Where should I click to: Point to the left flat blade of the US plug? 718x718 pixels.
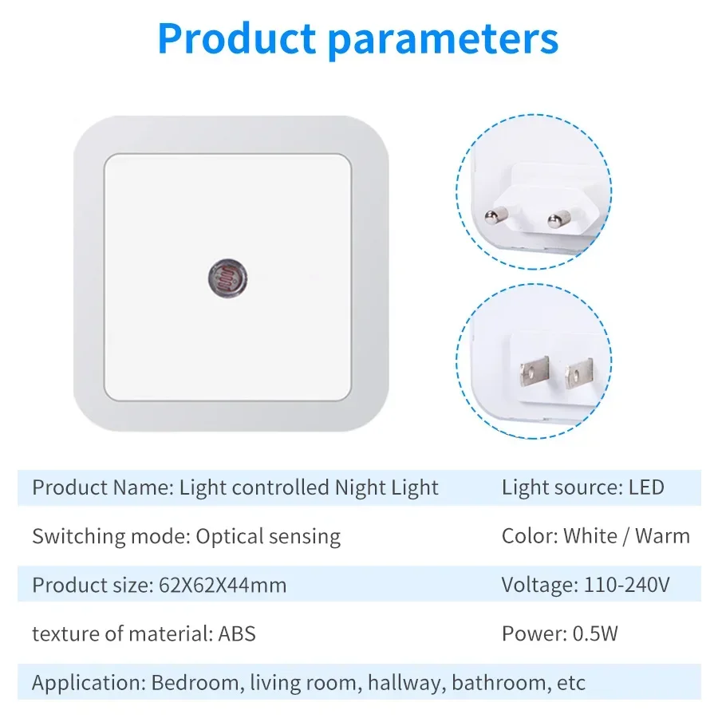532,374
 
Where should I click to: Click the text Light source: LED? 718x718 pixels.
582,487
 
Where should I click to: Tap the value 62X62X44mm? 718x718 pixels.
219,585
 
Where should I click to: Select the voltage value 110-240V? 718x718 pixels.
622,585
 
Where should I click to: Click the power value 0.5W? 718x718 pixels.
595,633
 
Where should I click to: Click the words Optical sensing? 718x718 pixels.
268,536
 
